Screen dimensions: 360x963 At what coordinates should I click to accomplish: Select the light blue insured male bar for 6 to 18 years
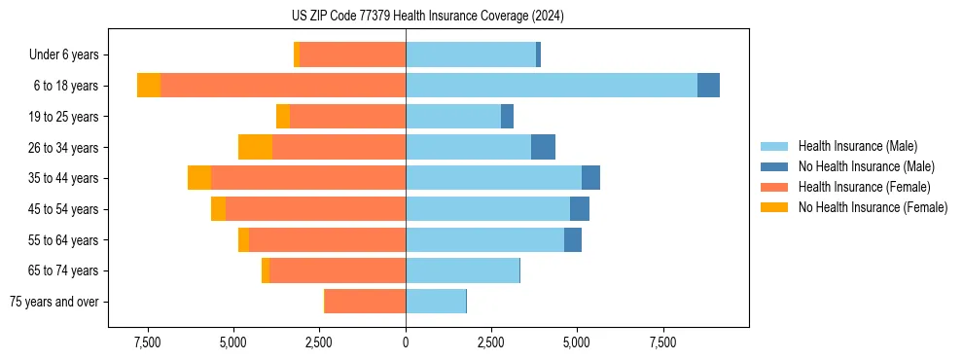[551, 86]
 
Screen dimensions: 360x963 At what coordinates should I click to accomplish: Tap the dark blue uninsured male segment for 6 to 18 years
[708, 86]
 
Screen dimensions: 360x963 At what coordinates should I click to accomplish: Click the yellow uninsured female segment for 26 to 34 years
[255, 147]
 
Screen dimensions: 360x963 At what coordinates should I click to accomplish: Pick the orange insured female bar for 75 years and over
[365, 302]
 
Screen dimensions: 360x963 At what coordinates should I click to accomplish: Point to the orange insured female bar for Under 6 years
[352, 54]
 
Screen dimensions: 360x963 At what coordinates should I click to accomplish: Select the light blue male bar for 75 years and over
[436, 302]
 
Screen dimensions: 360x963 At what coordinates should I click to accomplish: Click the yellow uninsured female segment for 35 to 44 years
[199, 178]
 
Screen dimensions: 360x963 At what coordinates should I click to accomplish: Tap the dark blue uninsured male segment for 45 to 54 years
[580, 209]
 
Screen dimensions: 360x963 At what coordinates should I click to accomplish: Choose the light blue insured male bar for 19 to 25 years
[453, 117]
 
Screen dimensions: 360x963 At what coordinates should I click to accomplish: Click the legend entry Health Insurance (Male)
[857, 146]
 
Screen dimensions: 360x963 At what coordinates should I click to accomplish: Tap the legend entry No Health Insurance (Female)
[873, 207]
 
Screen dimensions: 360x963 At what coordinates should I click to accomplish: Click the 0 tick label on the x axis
[406, 342]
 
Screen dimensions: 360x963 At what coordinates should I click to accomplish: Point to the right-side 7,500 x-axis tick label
[662, 342]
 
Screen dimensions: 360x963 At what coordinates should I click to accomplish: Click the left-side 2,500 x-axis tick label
[320, 342]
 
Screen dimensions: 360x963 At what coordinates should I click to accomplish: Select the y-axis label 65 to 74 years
[63, 270]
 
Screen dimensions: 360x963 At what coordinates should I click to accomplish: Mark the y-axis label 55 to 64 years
[63, 240]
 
